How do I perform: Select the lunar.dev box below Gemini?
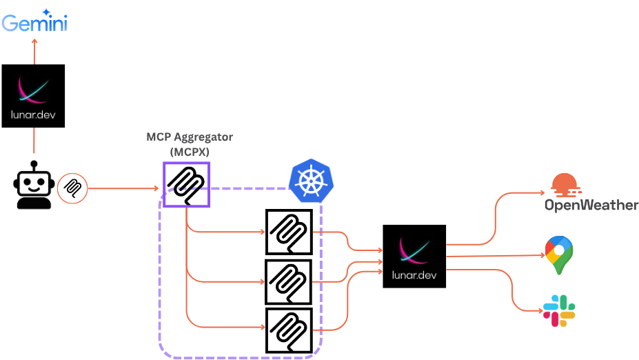coord(33,96)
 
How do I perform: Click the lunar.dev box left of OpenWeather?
coord(414,256)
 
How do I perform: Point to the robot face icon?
coord(33,184)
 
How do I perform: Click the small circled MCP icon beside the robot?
coord(72,188)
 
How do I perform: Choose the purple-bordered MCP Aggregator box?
coord(186,184)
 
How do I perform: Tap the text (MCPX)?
coord(190,151)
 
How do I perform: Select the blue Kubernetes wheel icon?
coord(311,178)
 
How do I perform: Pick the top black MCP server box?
coord(289,232)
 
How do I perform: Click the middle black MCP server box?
coord(289,281)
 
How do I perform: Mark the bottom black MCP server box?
coord(289,330)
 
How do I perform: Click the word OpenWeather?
coord(591,205)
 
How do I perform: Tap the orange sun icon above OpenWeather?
coord(569,185)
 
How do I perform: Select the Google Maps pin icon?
coord(559,255)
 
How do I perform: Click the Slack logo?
coord(559,310)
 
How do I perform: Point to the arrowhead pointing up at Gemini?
coord(34,41)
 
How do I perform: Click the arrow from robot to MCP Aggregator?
coord(124,188)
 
